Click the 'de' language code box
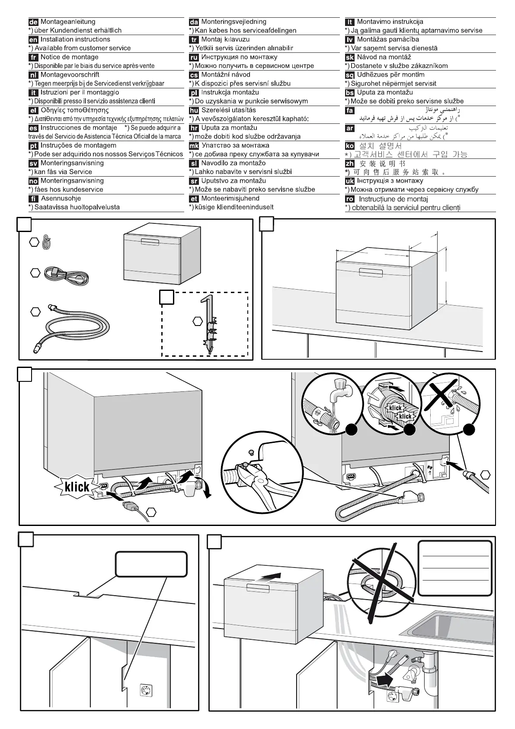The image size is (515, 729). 33,22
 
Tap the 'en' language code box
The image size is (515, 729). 33,40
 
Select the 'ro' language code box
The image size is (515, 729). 350,199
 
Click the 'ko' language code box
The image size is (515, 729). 350,146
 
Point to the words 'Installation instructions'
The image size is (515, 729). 75,39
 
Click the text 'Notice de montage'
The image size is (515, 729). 69,57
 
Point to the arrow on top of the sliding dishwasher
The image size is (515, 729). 269,578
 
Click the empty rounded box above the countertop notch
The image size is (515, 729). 151,564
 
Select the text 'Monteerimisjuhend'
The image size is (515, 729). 230,199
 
